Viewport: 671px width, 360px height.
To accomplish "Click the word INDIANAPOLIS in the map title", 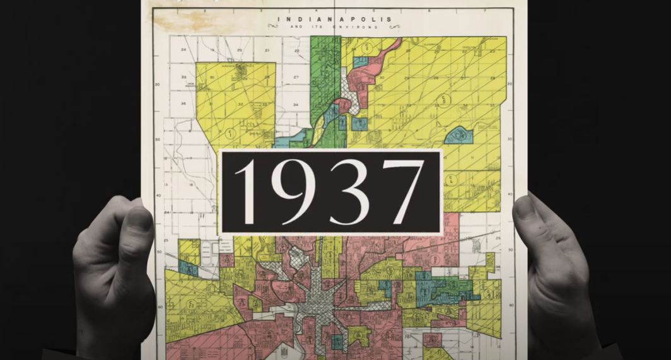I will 334,20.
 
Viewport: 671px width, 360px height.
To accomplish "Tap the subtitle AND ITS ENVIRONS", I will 334,27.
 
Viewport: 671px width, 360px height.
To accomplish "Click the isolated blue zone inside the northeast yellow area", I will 458,135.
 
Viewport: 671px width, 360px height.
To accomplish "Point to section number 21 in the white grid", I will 267,50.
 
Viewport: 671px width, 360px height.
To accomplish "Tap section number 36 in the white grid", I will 183,103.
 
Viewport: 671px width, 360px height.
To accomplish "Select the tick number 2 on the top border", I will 205,11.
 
